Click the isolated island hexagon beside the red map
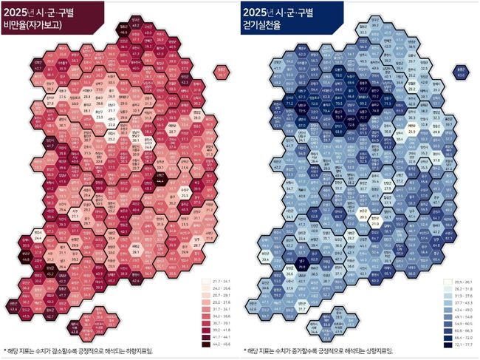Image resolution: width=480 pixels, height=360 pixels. click(222, 72)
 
